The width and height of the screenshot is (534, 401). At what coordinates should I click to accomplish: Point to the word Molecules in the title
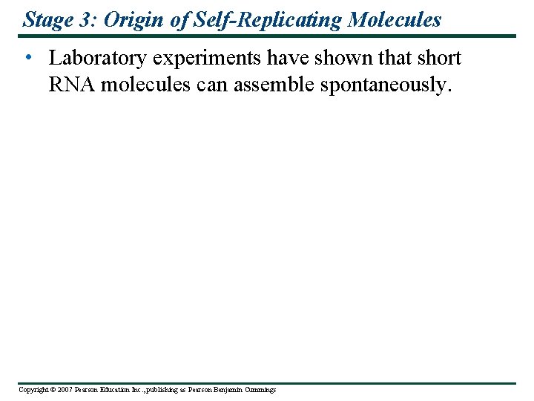pyautogui.click(x=398, y=19)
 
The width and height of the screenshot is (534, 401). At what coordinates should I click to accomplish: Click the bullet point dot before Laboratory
pyautogui.click(x=27, y=59)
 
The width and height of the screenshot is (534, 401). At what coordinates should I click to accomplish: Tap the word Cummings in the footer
pyautogui.click(x=260, y=390)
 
